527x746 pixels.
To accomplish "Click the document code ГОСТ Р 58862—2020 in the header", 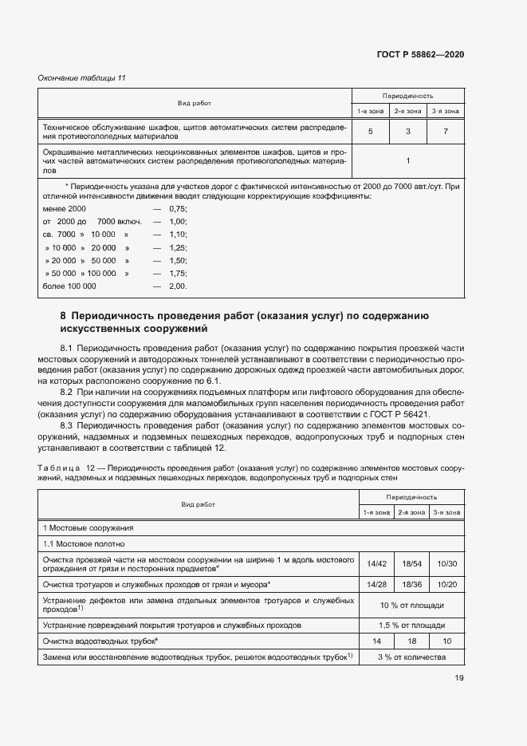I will pyautogui.click(x=420, y=54).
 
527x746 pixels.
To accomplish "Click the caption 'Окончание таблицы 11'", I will pyautogui.click(x=82, y=77).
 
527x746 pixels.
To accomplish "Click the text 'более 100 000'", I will pyautogui.click(x=69, y=285).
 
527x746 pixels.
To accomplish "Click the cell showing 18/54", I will pyautogui.click(x=411, y=563).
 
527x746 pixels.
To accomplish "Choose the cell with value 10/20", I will pyautogui.click(x=446, y=585).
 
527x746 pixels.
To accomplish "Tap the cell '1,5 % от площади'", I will pyautogui.click(x=411, y=625).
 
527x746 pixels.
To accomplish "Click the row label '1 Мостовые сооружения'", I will pyautogui.click(x=88, y=527).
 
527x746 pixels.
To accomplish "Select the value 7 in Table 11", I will pyautogui.click(x=446, y=130).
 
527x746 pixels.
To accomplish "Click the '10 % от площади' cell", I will pyautogui.click(x=411, y=605).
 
